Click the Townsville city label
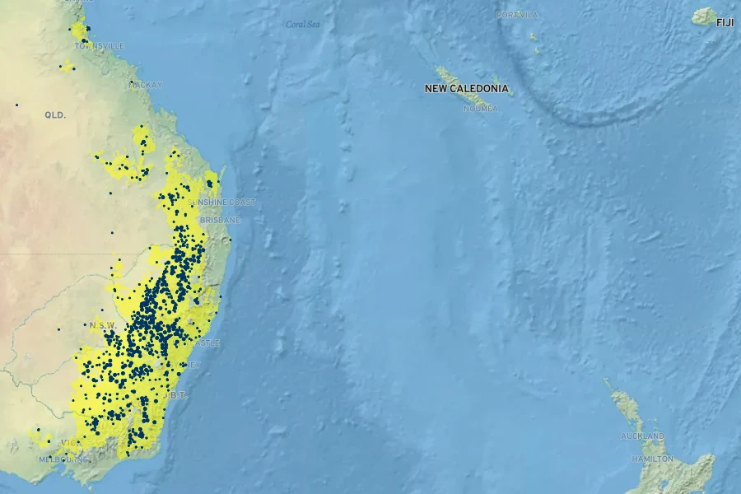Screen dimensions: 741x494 [100, 46]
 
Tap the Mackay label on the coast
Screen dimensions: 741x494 [146, 85]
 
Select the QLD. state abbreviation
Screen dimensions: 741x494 [55, 115]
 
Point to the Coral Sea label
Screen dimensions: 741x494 [302, 24]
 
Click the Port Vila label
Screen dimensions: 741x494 [517, 15]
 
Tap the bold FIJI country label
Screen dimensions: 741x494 [725, 22]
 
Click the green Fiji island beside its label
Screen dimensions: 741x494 [704, 16]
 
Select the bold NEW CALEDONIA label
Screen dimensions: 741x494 [466, 88]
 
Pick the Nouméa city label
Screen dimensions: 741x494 [481, 108]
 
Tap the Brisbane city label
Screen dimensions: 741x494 [221, 220]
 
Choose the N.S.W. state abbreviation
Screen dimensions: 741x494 [102, 325]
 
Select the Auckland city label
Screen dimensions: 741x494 [643, 436]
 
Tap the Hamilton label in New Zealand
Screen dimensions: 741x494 [652, 458]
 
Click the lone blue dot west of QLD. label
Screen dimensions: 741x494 [16, 105]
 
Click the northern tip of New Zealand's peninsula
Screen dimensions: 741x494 [605, 380]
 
